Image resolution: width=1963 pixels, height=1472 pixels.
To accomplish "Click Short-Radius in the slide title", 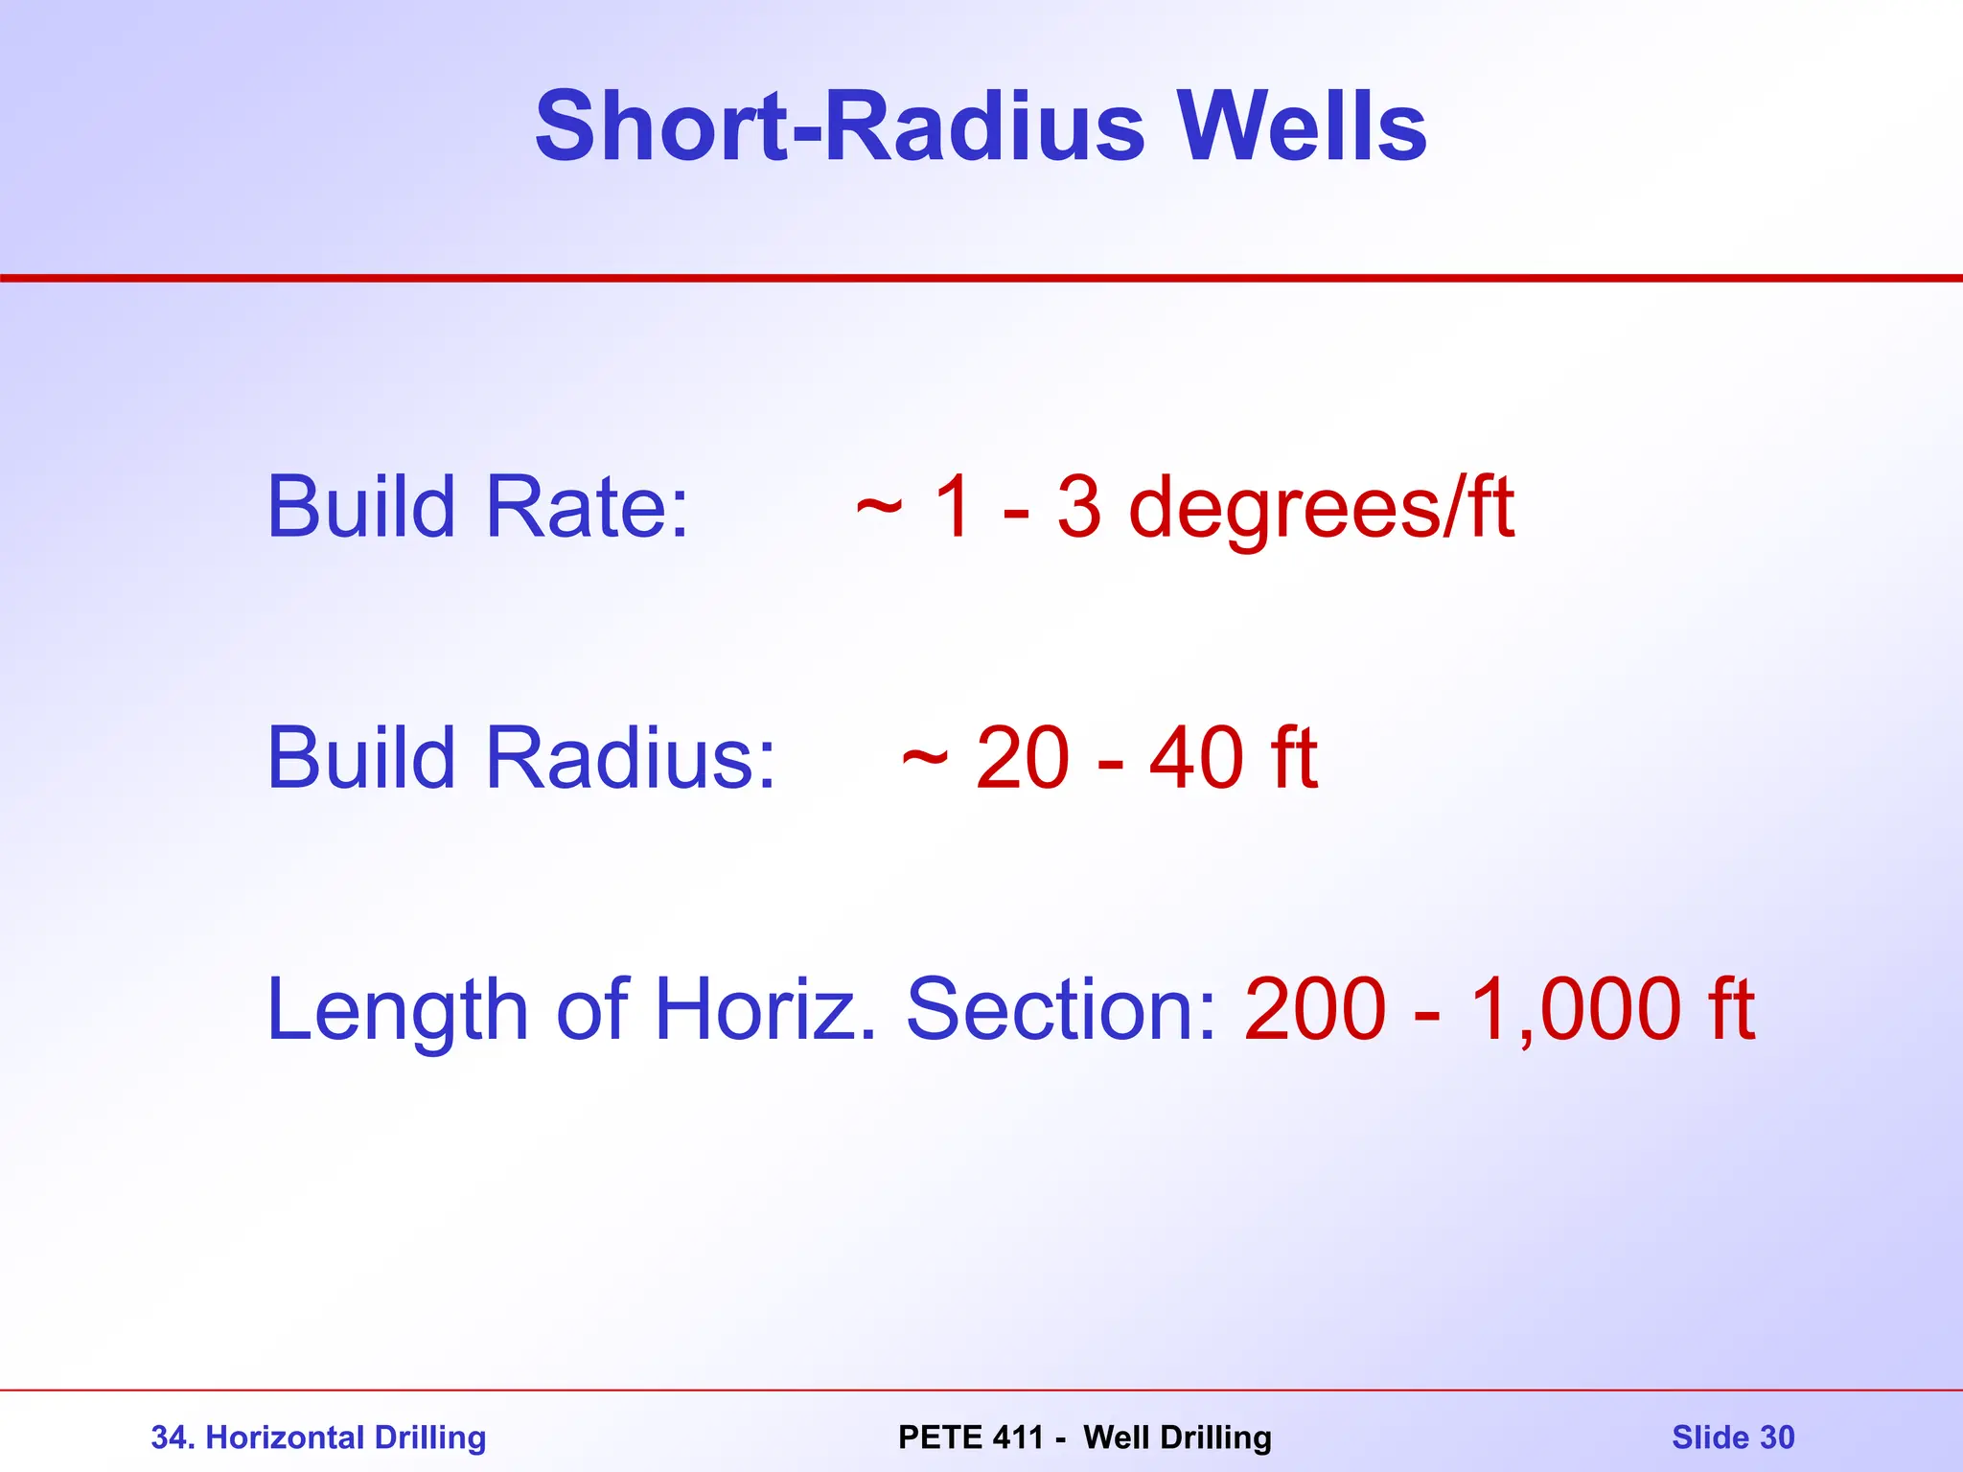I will point(840,126).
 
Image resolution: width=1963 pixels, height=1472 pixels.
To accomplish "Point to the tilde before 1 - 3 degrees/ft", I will point(879,508).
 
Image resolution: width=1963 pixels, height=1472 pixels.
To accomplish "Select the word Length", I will point(397,1010).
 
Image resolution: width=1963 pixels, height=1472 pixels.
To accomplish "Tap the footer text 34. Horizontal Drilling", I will point(318,1437).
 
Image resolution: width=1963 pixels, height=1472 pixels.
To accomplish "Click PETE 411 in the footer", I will point(970,1437).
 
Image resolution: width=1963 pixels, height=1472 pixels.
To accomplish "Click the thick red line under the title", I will point(981,278).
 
